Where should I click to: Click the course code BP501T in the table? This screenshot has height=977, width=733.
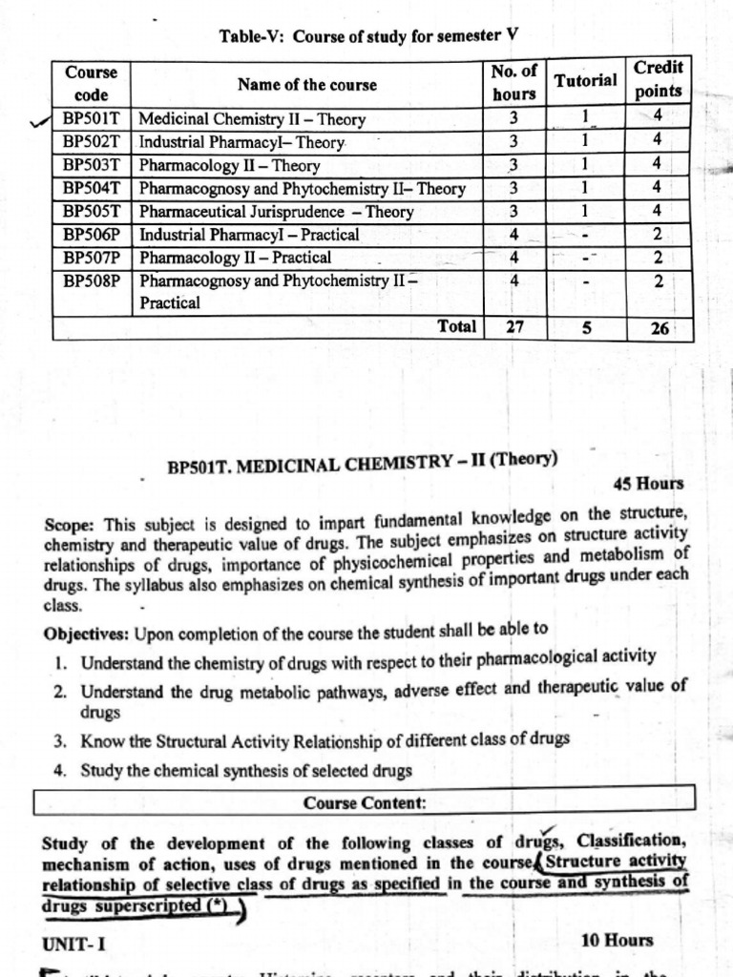click(92, 119)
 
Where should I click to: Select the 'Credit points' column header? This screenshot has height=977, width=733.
click(658, 79)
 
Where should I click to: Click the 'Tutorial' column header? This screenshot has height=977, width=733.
click(585, 80)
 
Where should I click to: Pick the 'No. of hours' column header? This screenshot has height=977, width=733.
click(514, 82)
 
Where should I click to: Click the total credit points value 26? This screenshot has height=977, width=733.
click(659, 328)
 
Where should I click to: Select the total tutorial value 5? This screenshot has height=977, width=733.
click(586, 327)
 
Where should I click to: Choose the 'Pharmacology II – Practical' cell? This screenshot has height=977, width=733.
click(236, 258)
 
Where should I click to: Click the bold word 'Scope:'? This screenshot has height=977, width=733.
click(70, 525)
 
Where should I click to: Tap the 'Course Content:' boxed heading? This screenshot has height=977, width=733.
click(365, 803)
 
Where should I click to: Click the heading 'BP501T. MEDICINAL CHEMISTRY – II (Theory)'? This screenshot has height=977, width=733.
click(363, 463)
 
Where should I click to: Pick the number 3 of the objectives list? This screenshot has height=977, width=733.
click(59, 739)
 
